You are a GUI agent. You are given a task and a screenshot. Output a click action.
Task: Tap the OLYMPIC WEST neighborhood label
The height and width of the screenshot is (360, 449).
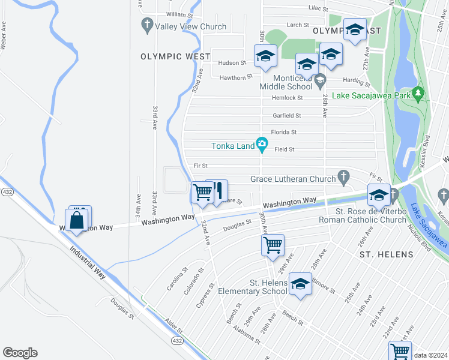[175, 56]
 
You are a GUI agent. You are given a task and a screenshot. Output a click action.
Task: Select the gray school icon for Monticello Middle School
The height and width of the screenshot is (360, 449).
[320, 79]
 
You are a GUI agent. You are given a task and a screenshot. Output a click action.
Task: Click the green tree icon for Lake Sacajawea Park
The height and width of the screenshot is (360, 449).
[418, 94]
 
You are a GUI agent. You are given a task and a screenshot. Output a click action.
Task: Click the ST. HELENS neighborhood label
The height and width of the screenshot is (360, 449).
[386, 254]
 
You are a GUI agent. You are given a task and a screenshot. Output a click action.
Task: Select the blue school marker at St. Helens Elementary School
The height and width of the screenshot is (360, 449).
[300, 284]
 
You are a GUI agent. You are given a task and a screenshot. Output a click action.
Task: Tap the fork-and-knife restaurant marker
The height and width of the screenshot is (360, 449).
[218, 191]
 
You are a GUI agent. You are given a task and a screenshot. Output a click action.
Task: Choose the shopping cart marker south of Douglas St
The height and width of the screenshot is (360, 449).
[273, 244]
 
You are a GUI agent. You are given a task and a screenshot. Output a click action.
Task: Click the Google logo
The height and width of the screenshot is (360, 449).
[20, 353]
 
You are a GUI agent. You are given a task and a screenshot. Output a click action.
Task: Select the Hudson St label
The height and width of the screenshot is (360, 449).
[232, 62]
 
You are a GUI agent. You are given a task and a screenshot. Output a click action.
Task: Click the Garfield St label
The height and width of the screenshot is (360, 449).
[286, 115]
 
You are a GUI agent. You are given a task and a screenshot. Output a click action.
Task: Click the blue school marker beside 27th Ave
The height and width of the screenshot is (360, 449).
[355, 30]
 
